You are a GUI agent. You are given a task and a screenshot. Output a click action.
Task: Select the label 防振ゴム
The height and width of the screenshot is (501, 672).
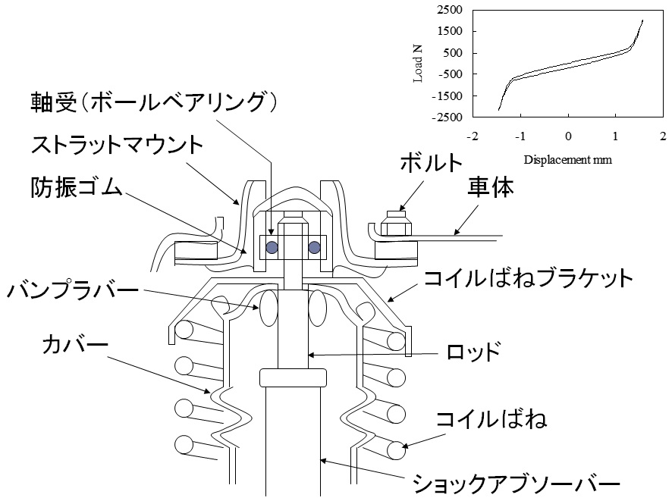76,186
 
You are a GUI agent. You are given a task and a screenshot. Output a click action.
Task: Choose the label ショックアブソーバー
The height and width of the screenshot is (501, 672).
517,482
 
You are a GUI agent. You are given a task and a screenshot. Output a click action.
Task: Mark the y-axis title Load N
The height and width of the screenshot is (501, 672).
419,63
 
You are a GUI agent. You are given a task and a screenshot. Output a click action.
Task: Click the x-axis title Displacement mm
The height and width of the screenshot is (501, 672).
567,160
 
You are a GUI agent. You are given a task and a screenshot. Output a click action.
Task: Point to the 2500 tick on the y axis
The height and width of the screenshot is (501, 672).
450,10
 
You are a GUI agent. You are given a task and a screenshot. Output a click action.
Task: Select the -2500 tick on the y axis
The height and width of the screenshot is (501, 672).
448,117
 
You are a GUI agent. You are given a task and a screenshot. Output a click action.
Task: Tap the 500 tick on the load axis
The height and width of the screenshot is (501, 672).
453,53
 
